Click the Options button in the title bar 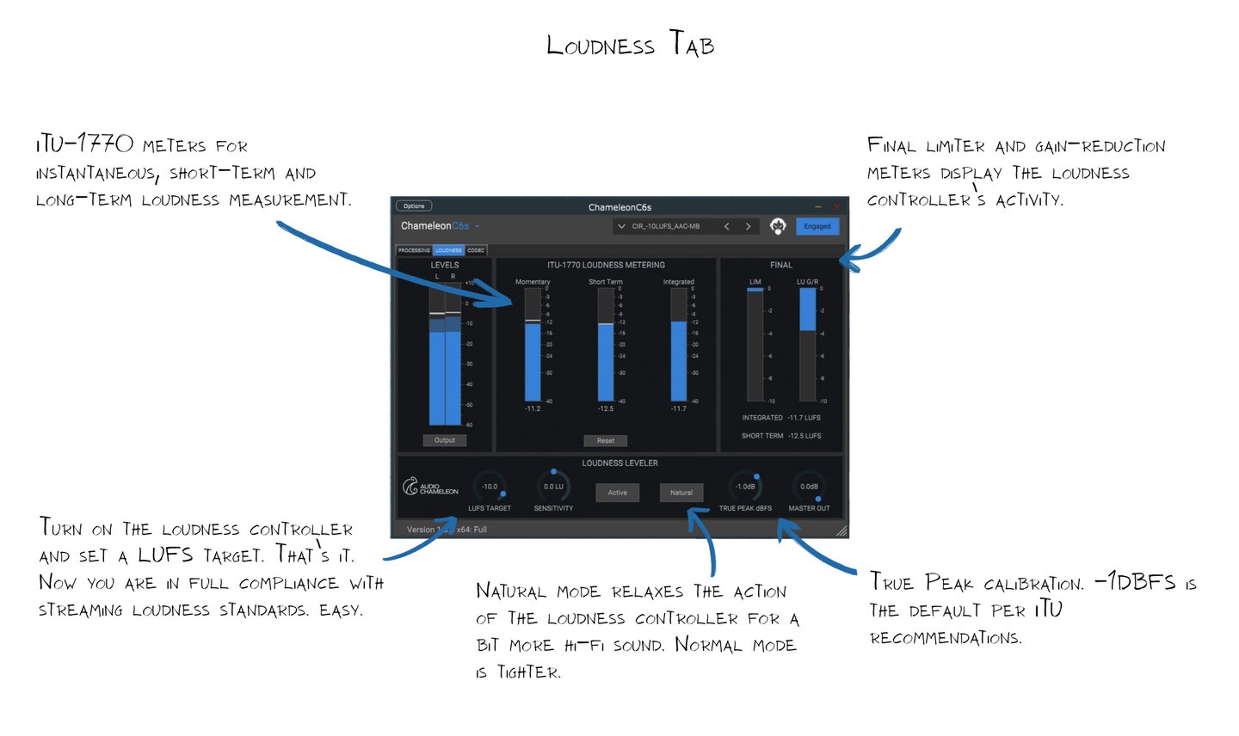coord(414,206)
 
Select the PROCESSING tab coord(414,250)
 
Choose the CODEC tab coord(476,250)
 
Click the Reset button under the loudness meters coord(606,440)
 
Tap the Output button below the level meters coord(445,440)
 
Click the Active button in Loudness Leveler coord(618,493)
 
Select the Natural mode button coord(681,493)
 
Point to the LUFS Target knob coord(490,487)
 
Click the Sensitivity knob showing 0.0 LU coord(553,487)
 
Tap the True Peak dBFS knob coord(745,487)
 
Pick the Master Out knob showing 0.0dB coord(809,487)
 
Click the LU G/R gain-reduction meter coord(808,344)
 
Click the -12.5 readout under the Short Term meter coord(606,409)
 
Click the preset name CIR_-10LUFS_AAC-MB coord(666,227)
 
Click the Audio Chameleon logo coord(430,488)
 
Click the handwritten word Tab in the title coord(693,45)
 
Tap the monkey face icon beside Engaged coord(778,226)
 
